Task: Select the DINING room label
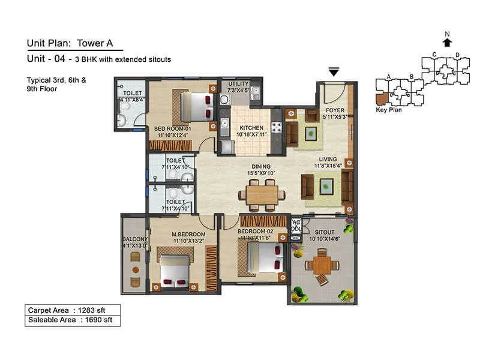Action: click(x=261, y=167)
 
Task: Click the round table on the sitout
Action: click(x=322, y=264)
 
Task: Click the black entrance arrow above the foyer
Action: click(x=334, y=72)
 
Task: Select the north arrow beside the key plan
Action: click(x=446, y=42)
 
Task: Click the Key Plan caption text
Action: click(x=388, y=110)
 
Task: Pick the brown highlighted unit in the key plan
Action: click(x=381, y=98)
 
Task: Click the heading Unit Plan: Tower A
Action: click(x=74, y=43)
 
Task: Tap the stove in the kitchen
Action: click(x=277, y=127)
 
